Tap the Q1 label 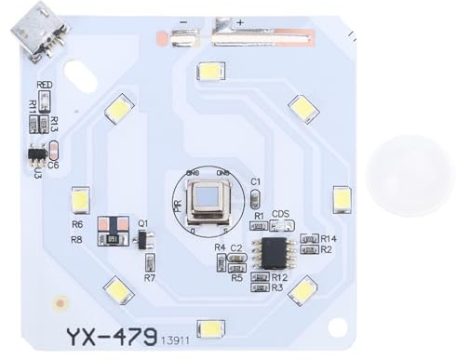click(x=143, y=223)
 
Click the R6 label click(x=77, y=224)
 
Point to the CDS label click(x=280, y=213)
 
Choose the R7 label click(x=149, y=277)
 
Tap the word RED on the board click(x=44, y=85)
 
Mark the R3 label click(x=276, y=287)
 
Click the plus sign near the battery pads click(x=241, y=21)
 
